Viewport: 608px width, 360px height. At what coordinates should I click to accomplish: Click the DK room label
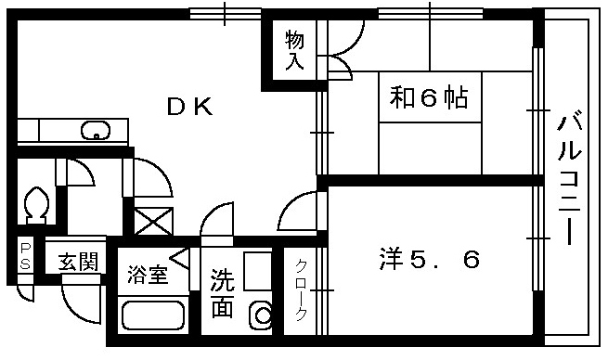[190, 108]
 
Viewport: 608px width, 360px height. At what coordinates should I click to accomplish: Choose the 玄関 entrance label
[79, 262]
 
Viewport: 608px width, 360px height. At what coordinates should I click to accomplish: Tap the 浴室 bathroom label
[148, 275]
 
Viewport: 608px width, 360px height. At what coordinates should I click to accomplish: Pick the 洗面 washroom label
[222, 293]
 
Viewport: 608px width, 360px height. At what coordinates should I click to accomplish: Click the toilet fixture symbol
[38, 203]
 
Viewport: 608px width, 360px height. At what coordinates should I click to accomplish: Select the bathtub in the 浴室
[154, 315]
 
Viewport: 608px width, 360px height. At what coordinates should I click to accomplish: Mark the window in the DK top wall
[226, 13]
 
